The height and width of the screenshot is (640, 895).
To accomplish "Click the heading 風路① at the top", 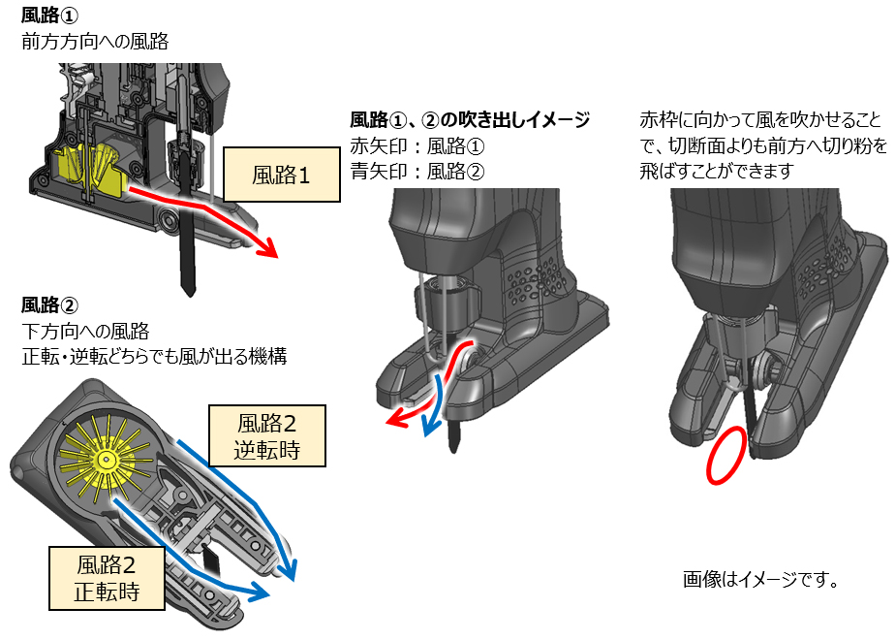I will [x=47, y=16].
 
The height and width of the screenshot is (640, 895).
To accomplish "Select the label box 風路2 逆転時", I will [x=267, y=436].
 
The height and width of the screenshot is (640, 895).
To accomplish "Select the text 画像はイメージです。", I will [x=760, y=580].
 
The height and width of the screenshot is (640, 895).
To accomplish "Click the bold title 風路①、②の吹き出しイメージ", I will [x=470, y=121].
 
